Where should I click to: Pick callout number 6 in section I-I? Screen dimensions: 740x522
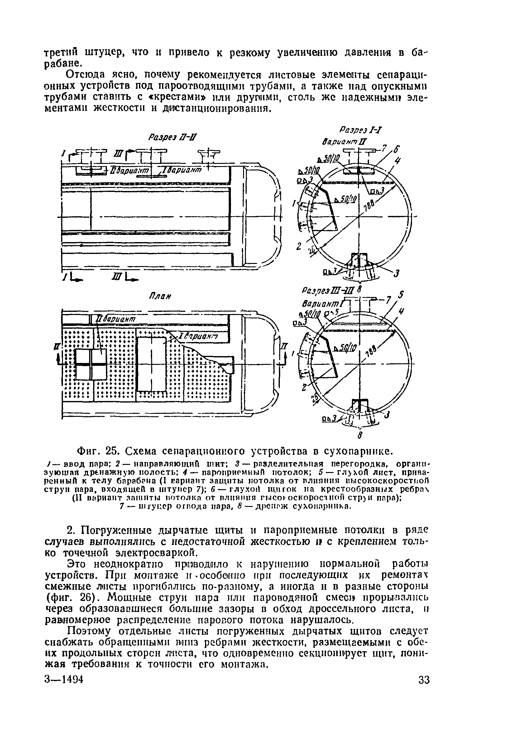pyautogui.click(x=397, y=150)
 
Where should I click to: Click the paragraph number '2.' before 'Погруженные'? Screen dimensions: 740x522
pyautogui.click(x=71, y=530)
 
